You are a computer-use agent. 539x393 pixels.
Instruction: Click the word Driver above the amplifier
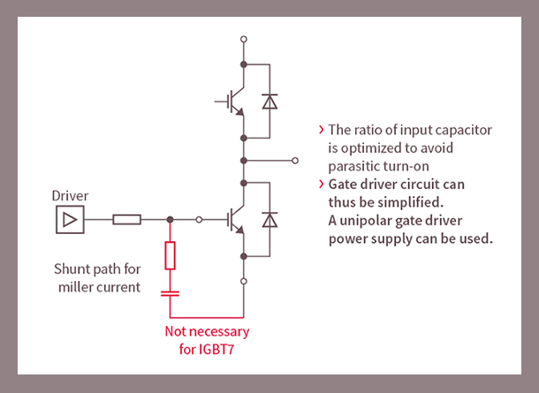70,195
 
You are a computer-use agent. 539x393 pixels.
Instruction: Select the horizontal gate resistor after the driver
127,218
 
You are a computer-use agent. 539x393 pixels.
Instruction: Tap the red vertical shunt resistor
171,255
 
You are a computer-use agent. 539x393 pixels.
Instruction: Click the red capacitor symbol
171,292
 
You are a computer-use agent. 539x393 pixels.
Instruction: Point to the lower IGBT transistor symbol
234,218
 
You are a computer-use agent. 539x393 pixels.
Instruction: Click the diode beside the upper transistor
269,102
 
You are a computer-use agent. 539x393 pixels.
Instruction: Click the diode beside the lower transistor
269,218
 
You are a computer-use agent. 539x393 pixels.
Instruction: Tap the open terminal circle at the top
243,40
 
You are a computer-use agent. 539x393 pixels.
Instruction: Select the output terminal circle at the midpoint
293,162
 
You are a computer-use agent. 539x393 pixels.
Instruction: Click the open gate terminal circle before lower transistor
199,218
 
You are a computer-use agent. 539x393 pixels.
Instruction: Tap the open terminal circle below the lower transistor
243,282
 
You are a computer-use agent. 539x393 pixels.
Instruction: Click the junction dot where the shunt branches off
171,218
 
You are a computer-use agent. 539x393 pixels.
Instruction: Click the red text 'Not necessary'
207,331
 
